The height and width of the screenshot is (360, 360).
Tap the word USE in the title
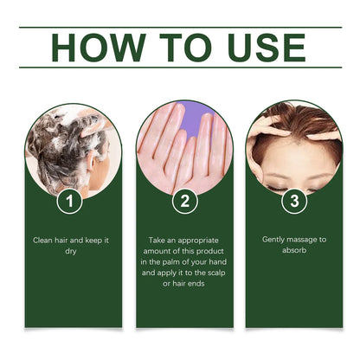[263, 48]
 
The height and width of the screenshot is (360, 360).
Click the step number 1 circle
[74, 201]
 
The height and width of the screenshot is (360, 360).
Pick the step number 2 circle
[183, 201]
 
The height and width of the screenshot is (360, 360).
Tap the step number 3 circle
[294, 201]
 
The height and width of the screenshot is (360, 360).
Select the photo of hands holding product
[183, 147]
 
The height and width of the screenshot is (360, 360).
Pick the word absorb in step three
[294, 251]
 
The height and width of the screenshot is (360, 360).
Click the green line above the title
[180, 27]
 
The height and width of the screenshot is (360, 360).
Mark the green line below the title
[180, 67]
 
